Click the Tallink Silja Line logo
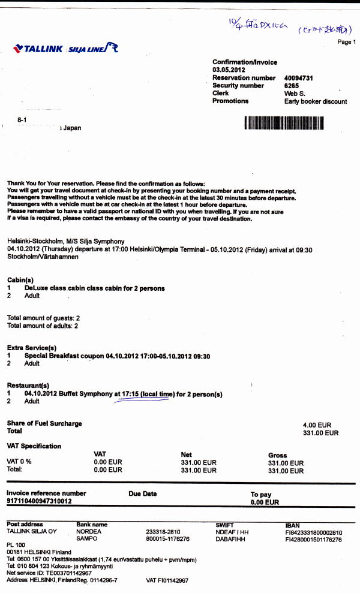coord(65,49)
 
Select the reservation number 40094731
coord(298,78)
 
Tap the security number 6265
coord(291,86)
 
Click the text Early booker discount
coord(315,101)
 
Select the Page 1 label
coord(346,42)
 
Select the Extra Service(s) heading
coord(32,348)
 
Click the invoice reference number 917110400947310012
coord(39,501)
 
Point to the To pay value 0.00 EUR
coord(265,502)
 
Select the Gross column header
coord(277,455)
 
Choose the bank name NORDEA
coord(89,532)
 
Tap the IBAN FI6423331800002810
coord(314,532)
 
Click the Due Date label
coord(142,494)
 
